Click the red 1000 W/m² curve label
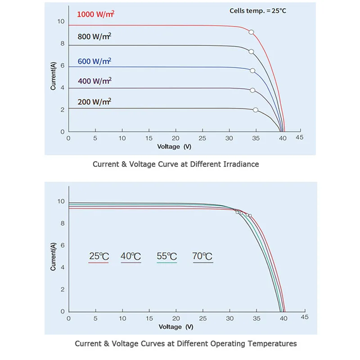click(x=96, y=14)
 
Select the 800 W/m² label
click(x=94, y=37)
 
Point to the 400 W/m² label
click(x=94, y=81)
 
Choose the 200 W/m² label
click(x=94, y=102)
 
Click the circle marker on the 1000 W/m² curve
click(x=251, y=32)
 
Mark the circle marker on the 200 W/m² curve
click(x=256, y=110)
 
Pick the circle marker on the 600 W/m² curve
click(x=252, y=71)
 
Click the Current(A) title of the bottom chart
click(x=54, y=256)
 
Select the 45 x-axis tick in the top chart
click(x=300, y=138)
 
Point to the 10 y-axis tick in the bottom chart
click(x=61, y=202)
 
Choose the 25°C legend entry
click(x=99, y=257)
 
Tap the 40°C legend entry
click(x=130, y=257)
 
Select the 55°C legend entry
click(x=166, y=257)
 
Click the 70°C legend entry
click(x=202, y=257)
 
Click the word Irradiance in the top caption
click(x=241, y=164)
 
